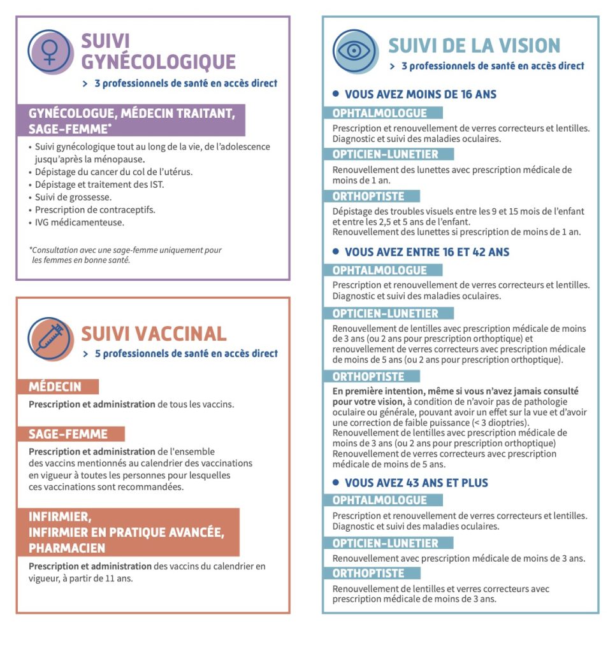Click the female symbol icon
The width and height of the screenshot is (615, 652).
pyautogui.click(x=50, y=51)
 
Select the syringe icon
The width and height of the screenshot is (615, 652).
pyautogui.click(x=50, y=338)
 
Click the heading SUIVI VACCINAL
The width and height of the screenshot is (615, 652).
pyautogui.click(x=154, y=334)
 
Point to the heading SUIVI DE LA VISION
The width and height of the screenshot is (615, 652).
pyautogui.click(x=474, y=46)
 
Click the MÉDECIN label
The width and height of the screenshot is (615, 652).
pyautogui.click(x=55, y=386)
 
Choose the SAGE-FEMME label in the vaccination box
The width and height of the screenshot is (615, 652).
pyautogui.click(x=68, y=434)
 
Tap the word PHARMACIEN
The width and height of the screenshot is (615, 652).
pyautogui.click(x=67, y=548)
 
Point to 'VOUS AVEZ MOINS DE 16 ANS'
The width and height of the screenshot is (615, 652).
pyautogui.click(x=420, y=94)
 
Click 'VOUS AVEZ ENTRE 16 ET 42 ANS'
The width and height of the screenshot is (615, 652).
pyautogui.click(x=426, y=252)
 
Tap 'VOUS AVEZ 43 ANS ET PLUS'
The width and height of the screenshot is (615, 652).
pyautogui.click(x=416, y=483)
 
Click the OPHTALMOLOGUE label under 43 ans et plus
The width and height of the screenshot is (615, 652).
pyautogui.click(x=380, y=500)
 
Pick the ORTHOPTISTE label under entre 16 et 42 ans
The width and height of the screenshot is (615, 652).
pyautogui.click(x=368, y=377)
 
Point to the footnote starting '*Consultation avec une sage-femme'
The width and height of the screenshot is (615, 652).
pyautogui.click(x=126, y=255)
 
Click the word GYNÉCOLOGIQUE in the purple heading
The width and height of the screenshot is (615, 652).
pyautogui.click(x=159, y=62)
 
